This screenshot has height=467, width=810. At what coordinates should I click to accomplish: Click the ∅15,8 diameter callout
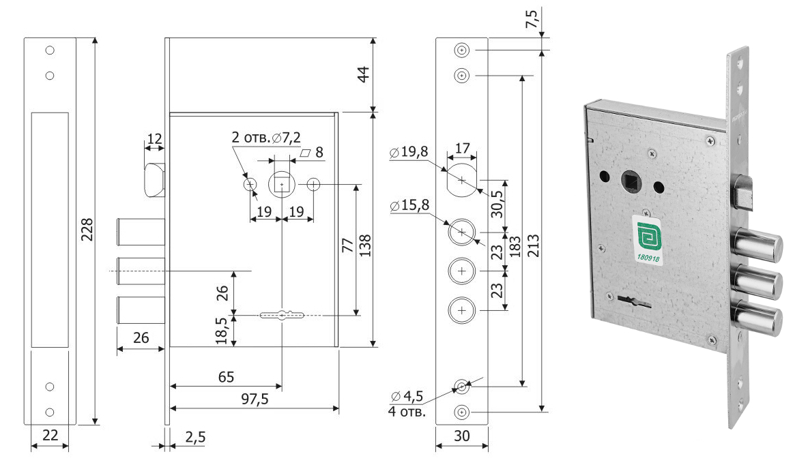coord(409,204)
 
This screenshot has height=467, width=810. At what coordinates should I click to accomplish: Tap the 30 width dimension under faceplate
coord(462,436)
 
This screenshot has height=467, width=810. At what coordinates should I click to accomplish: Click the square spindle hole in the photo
coord(628,182)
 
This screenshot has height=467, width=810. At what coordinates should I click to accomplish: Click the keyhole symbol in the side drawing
coord(282,315)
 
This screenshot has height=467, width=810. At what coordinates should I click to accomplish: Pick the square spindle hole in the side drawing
coord(282,184)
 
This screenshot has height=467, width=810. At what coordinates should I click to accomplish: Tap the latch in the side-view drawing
coord(154,179)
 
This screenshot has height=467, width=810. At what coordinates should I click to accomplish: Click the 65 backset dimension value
coord(226,377)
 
